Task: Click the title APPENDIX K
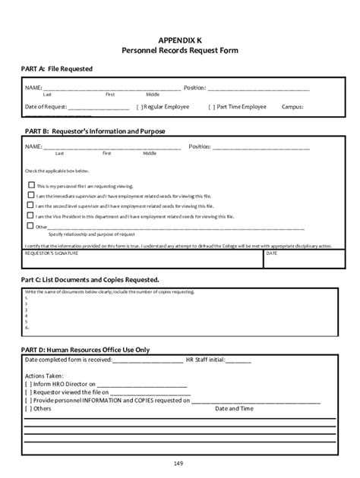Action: [180, 38]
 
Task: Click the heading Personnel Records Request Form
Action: [180, 49]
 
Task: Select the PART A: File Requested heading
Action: [57, 69]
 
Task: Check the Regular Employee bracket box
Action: [140, 107]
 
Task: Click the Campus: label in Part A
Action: [292, 107]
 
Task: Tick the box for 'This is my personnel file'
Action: [31, 184]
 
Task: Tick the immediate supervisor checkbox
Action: [31, 195]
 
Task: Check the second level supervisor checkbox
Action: [31, 205]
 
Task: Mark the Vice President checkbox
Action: [31, 215]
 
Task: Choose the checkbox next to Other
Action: [31, 225]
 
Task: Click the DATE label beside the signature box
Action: [272, 254]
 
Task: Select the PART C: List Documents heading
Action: [90, 280]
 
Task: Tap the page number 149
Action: [180, 462]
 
